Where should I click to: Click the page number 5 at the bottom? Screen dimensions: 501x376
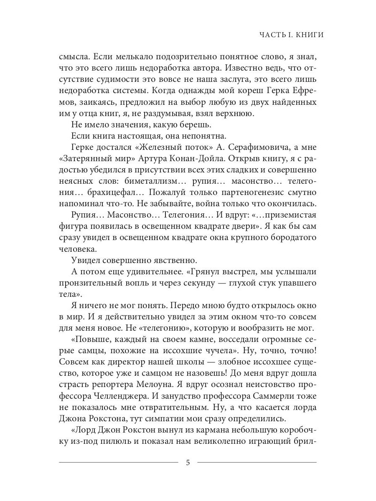coord(188,462)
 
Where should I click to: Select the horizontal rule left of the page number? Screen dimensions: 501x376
coord(119,462)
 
